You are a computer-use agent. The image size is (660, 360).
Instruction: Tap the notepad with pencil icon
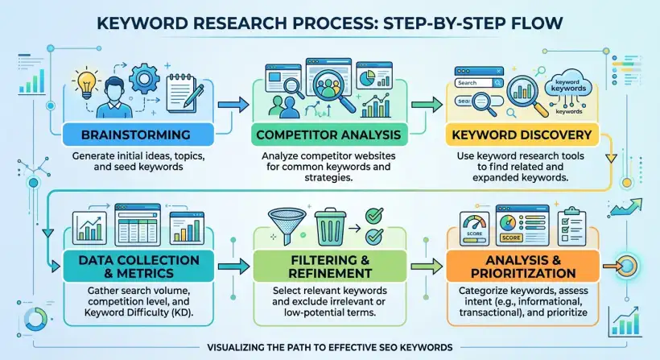[184, 93]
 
